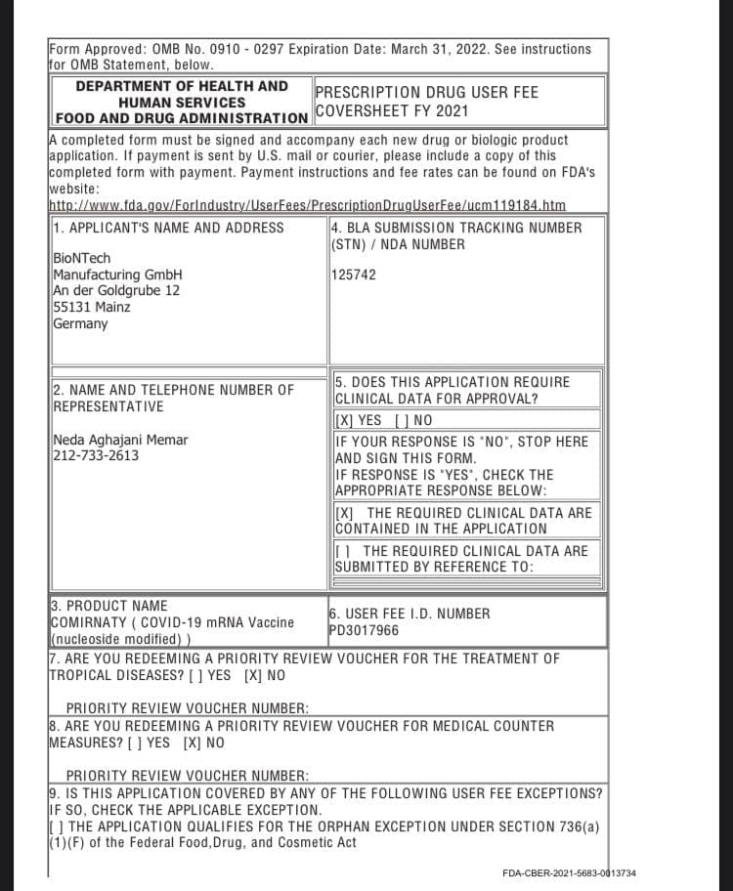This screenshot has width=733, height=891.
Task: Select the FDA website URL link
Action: point(307,205)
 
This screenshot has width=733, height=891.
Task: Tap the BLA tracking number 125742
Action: point(354,275)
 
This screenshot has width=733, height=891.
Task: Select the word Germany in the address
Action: point(80,323)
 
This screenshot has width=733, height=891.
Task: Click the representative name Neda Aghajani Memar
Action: point(120,440)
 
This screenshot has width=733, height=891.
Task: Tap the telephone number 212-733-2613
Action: point(96,455)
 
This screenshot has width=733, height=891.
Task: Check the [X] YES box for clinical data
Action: point(343,421)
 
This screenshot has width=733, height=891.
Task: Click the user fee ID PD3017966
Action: point(364,630)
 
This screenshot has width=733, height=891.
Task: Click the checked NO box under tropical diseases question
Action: point(253,675)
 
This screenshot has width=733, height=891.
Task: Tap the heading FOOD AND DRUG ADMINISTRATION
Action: point(182,118)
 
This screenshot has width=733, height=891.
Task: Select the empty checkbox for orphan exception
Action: point(55,827)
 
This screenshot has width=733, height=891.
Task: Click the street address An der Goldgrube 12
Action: point(116,291)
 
